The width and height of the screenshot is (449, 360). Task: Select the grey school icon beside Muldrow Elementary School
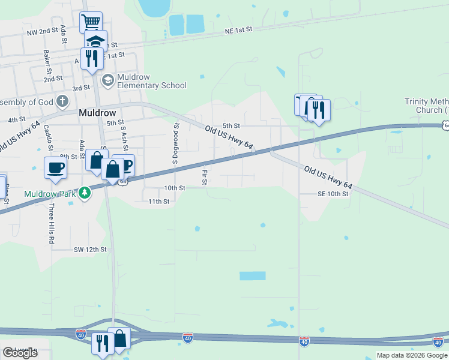tap(107, 80)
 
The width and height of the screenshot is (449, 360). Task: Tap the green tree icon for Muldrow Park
tap(85, 193)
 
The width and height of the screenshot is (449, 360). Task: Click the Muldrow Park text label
tap(50, 194)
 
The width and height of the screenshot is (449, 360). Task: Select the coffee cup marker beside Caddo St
tap(55, 167)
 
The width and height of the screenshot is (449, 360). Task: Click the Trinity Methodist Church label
tap(426, 106)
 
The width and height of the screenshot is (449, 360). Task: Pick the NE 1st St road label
tap(239, 30)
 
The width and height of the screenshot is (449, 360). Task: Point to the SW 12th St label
tap(90, 249)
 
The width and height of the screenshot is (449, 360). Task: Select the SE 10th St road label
tap(333, 194)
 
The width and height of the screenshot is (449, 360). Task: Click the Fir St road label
tap(205, 176)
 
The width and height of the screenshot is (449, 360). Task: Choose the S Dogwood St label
tap(176, 144)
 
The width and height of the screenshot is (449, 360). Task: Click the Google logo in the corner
tap(20, 352)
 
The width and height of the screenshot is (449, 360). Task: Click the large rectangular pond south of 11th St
tap(252, 276)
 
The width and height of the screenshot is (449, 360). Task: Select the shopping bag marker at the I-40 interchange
tap(119, 338)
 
